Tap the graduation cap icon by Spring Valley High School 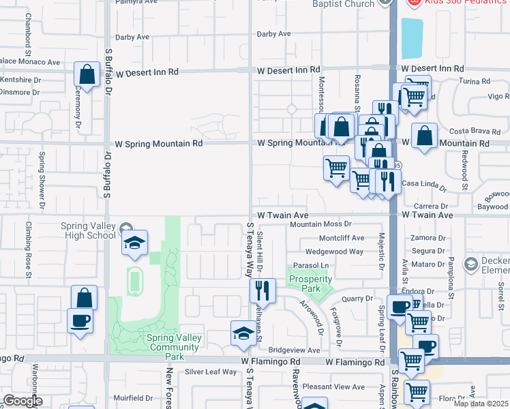(x=134, y=243)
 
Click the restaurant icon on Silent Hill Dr (x=261, y=290)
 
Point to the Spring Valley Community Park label (x=174, y=342)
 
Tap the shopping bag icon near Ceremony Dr (x=87, y=74)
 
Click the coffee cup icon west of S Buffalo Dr (x=80, y=320)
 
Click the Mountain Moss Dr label (x=320, y=224)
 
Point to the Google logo (x=22, y=401)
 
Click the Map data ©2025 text (x=482, y=404)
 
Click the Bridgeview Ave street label (x=295, y=350)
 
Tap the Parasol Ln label (x=311, y=265)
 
